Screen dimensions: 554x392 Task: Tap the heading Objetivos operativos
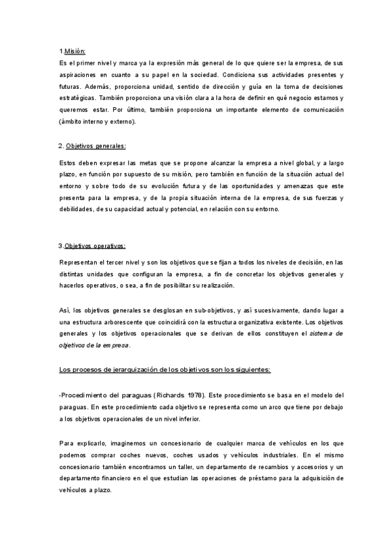(95, 246)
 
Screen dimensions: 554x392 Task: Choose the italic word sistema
(325, 333)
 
